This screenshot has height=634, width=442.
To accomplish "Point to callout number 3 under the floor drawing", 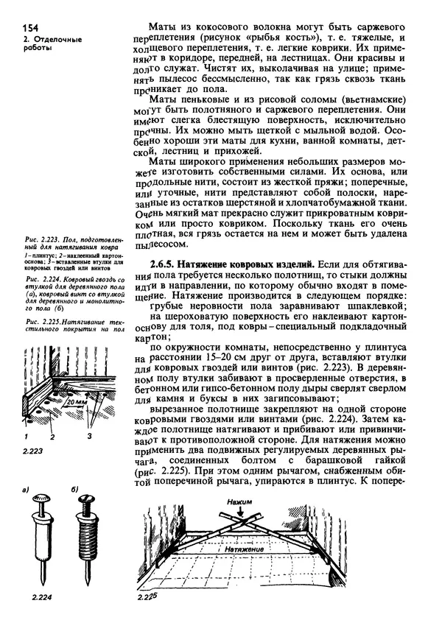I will (x=90, y=436).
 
